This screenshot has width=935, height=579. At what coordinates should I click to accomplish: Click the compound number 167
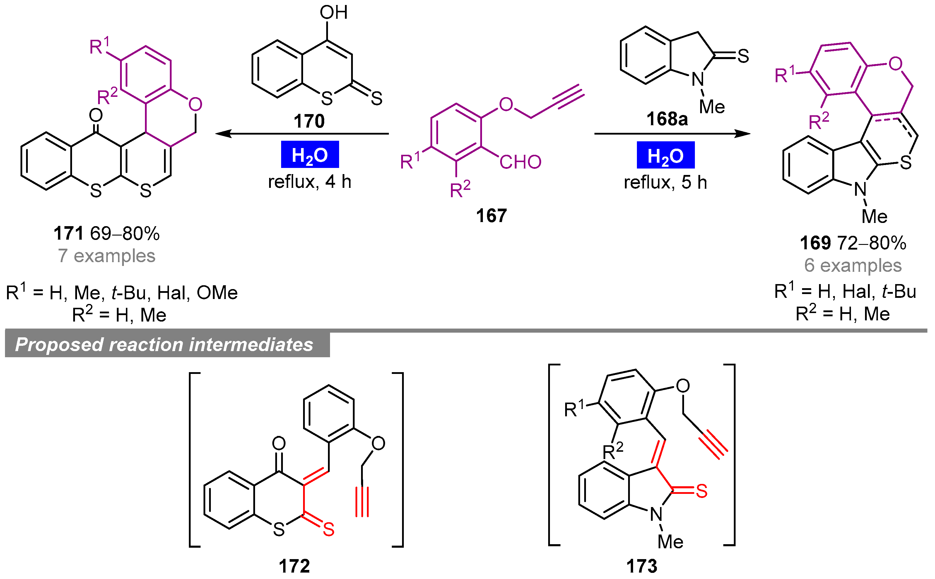[491, 216]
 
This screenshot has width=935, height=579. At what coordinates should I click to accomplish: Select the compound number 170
[309, 121]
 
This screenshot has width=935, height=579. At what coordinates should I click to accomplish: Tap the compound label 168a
[667, 119]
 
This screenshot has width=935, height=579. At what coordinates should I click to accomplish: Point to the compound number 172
[294, 566]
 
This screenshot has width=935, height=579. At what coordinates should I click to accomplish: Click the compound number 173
[642, 566]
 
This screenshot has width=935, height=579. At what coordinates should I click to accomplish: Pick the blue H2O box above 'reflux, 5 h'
[665, 155]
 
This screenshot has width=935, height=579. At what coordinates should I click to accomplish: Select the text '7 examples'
[107, 256]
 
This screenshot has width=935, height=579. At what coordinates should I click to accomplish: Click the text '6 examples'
[853, 265]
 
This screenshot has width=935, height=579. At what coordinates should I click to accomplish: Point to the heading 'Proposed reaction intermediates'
[164, 345]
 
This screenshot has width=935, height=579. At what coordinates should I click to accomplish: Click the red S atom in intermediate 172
[328, 529]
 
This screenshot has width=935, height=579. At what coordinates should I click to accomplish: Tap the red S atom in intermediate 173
[701, 491]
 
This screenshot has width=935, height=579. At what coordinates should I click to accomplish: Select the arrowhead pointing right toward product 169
[743, 134]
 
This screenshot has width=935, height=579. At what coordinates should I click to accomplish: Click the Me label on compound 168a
[712, 107]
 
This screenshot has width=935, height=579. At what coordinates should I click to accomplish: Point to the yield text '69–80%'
[124, 233]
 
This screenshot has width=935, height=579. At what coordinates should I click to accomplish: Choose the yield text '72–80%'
[871, 243]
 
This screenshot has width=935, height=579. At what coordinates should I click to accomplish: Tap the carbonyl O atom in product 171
[95, 115]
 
